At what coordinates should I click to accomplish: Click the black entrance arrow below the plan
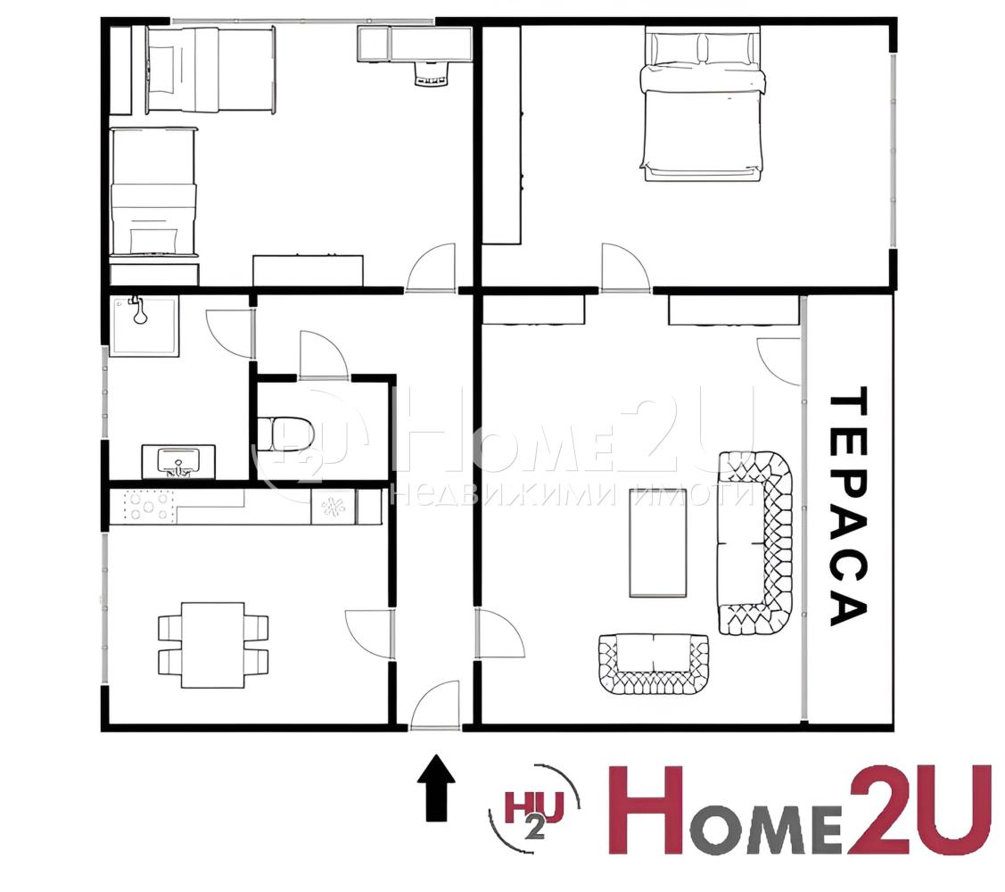[436, 788]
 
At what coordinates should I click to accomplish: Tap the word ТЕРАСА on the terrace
[848, 506]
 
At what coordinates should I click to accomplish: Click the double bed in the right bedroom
[702, 104]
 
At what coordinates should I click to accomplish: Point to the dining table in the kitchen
[212, 645]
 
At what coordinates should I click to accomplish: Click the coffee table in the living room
[658, 542]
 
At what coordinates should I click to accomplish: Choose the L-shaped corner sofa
[756, 542]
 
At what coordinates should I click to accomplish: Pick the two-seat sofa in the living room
[654, 665]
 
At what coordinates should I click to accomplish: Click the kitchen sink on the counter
[334, 508]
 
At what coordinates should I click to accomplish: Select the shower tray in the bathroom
[144, 326]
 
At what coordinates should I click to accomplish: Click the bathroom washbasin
[178, 461]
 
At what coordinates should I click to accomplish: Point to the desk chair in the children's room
[430, 74]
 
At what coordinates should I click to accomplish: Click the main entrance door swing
[435, 706]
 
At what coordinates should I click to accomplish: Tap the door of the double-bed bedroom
[626, 268]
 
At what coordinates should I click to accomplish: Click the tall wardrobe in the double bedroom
[501, 136]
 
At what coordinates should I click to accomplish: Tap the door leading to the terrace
[778, 362]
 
